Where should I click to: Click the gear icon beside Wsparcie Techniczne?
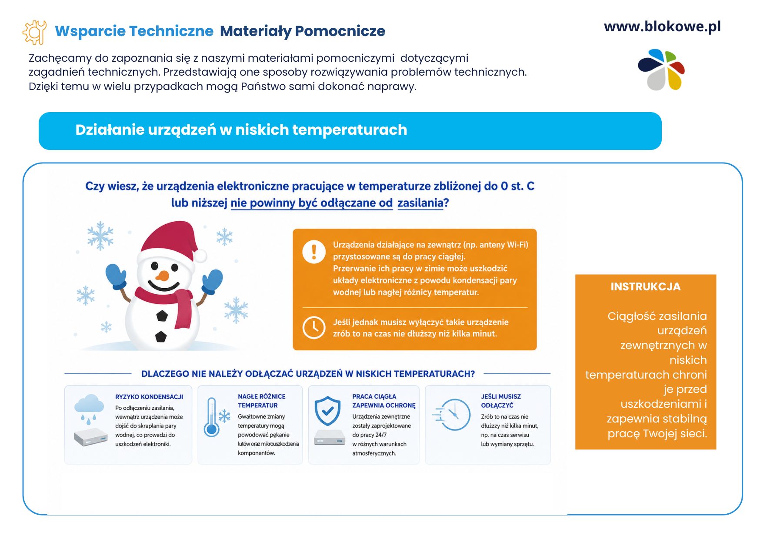(x=34, y=32)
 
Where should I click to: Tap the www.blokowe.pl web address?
(x=662, y=27)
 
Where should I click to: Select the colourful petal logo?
(x=661, y=70)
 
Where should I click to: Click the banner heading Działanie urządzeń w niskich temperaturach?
(x=241, y=130)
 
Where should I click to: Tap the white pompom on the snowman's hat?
(x=200, y=256)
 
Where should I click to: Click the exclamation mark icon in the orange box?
(x=314, y=252)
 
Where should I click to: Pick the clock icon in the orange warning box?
(x=314, y=327)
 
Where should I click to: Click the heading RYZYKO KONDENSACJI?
(x=149, y=397)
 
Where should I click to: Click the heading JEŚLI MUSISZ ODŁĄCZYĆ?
(x=501, y=401)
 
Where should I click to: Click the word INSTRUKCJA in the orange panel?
(x=646, y=287)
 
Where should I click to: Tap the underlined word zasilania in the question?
(x=420, y=203)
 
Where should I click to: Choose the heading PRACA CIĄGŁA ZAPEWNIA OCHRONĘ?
(x=384, y=401)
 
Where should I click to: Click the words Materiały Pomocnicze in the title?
(x=303, y=31)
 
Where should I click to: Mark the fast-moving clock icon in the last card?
(x=452, y=415)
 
